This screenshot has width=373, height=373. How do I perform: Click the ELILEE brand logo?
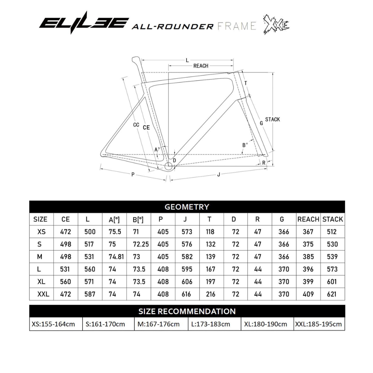point(84,23)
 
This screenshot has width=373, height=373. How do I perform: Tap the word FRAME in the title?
point(237,26)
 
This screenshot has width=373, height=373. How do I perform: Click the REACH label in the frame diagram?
point(201,66)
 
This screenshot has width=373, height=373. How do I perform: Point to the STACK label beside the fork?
point(272,119)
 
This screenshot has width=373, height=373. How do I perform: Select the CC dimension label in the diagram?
point(136,125)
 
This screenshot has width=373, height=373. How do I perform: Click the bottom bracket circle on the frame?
point(168,166)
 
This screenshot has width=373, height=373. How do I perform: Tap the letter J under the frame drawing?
point(218,175)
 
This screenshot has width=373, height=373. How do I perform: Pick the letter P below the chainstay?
point(133,174)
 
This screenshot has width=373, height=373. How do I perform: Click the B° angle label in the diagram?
point(245,145)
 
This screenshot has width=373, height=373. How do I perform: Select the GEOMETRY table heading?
point(187,207)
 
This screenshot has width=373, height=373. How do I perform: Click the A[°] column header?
point(114,219)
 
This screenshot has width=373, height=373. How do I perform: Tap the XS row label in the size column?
point(41,232)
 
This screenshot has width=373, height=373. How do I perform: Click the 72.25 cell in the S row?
point(141,244)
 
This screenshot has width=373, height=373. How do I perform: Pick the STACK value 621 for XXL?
point(332,294)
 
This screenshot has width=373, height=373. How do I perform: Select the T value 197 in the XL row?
point(210,282)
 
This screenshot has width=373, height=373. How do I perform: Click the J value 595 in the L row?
point(187,269)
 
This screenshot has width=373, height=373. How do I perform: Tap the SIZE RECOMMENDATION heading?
point(187,311)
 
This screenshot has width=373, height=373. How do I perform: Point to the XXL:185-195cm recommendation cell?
point(318,324)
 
